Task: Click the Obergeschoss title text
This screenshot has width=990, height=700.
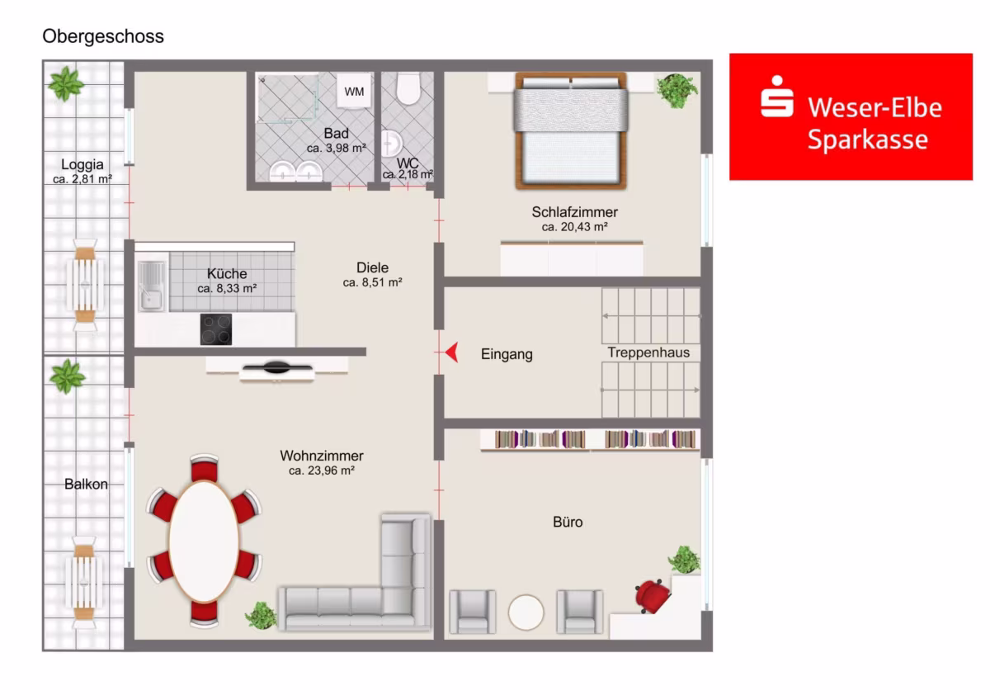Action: pyautogui.click(x=103, y=36)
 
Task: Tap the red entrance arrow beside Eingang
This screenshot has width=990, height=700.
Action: pyautogui.click(x=452, y=352)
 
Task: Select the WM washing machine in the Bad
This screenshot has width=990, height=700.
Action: pyautogui.click(x=354, y=91)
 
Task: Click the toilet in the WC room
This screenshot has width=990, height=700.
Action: pyautogui.click(x=408, y=89)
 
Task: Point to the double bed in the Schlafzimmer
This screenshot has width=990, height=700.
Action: pyautogui.click(x=571, y=131)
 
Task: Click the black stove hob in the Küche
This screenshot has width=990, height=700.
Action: pyautogui.click(x=215, y=329)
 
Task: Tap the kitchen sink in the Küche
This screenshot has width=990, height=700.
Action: pyautogui.click(x=151, y=286)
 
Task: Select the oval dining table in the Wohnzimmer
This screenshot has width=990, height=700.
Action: pyautogui.click(x=204, y=542)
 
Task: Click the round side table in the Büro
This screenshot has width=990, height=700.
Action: pyautogui.click(x=526, y=612)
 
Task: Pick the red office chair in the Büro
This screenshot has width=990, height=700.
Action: pyautogui.click(x=652, y=596)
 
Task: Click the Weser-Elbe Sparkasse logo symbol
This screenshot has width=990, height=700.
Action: pyautogui.click(x=776, y=97)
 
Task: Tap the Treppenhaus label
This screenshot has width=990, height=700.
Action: pyautogui.click(x=648, y=352)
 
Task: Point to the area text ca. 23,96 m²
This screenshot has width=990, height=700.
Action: pyautogui.click(x=321, y=471)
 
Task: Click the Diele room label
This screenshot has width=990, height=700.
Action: pyautogui.click(x=372, y=267)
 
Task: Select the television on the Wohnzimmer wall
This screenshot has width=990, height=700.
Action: pyautogui.click(x=276, y=367)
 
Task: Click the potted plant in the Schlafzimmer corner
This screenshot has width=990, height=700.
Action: pyautogui.click(x=676, y=91)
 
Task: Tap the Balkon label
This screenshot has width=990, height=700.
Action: pyautogui.click(x=86, y=485)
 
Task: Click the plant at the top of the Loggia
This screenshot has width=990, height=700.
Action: pyautogui.click(x=66, y=83)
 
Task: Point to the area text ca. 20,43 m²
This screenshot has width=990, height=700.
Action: pyautogui.click(x=574, y=227)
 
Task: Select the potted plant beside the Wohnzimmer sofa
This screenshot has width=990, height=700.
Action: pyautogui.click(x=262, y=615)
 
